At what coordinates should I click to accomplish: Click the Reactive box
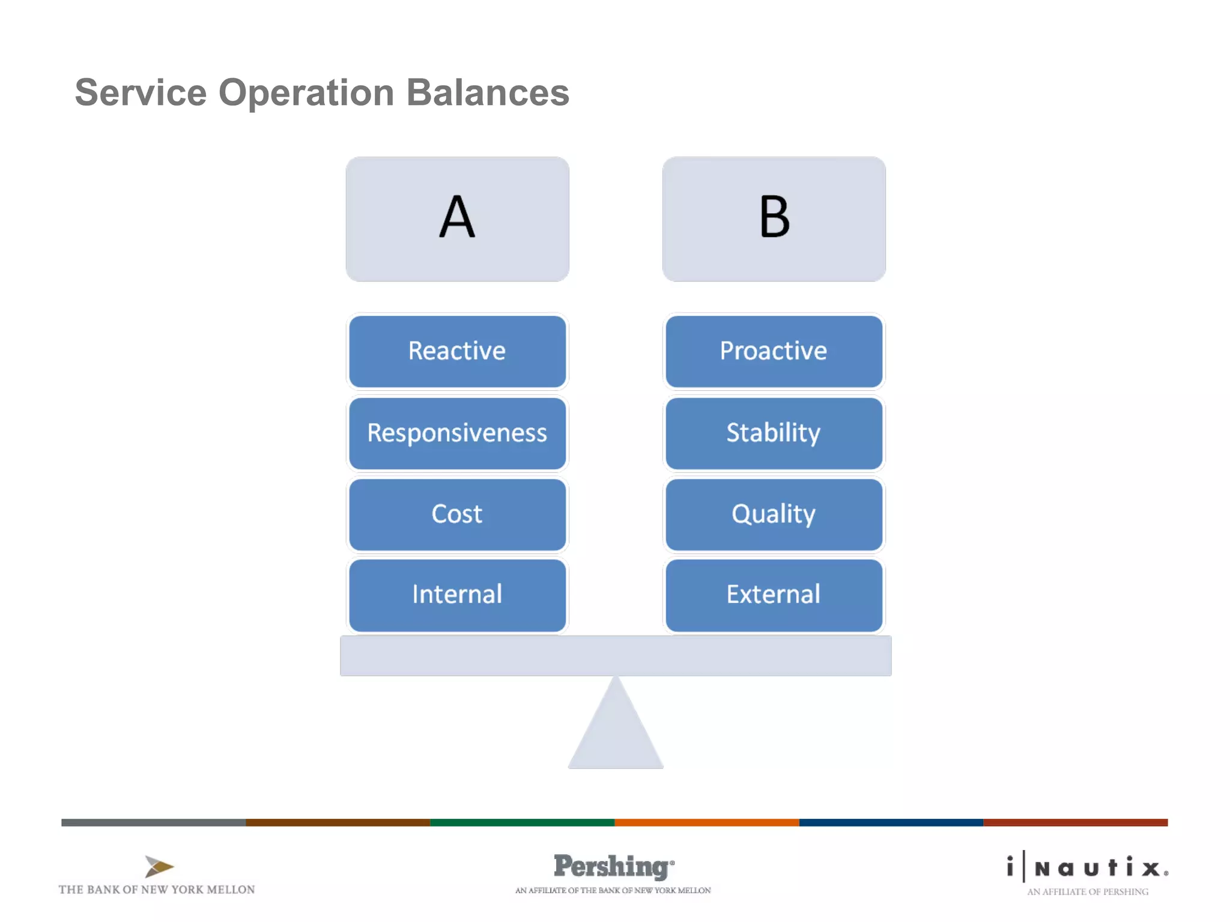457,351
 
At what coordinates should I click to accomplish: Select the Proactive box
774,351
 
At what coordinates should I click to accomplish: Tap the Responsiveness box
457,433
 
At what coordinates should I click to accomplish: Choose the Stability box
774,433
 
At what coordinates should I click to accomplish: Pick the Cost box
457,514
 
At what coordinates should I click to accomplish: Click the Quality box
774,514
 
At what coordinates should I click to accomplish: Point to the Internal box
457,595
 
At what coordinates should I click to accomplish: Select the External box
774,595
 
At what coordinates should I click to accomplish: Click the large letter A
457,217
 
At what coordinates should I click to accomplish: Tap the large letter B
774,217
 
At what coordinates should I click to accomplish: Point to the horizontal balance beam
616,655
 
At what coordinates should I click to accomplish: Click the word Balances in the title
488,92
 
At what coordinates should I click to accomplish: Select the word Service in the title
141,92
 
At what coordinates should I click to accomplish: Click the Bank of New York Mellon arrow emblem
159,866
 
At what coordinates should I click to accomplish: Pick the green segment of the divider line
522,822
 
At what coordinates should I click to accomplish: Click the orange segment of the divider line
706,822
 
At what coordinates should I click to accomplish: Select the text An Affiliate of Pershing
1088,892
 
